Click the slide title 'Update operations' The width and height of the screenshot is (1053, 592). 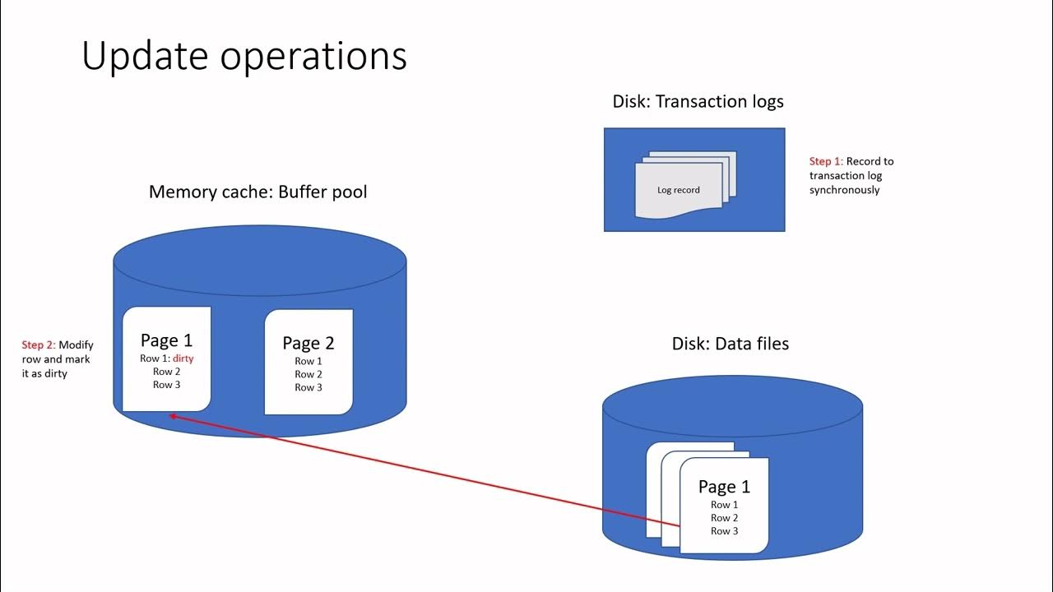[244, 56]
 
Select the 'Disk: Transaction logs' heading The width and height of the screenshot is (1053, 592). [698, 101]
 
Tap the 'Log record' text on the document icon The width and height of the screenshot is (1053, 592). [679, 190]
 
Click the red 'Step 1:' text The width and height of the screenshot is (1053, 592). [826, 161]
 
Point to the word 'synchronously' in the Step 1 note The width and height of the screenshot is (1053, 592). [844, 190]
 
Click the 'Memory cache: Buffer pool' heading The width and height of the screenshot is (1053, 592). [257, 192]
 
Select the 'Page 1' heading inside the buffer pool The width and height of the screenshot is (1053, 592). [166, 340]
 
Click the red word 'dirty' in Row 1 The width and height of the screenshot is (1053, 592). [183, 358]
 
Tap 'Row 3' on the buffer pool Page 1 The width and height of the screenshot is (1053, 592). [167, 385]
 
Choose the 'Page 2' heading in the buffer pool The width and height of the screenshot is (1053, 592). [308, 343]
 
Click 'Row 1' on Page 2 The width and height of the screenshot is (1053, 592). [308, 361]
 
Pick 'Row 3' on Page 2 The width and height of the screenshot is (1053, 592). [308, 387]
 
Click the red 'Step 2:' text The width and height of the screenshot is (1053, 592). [39, 345]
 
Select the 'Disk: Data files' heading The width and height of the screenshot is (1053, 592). [731, 344]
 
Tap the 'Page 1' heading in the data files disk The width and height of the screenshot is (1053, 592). [724, 487]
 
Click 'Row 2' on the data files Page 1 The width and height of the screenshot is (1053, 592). [725, 518]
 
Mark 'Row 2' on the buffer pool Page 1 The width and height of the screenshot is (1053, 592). [167, 372]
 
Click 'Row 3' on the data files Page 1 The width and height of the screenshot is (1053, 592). [725, 531]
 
